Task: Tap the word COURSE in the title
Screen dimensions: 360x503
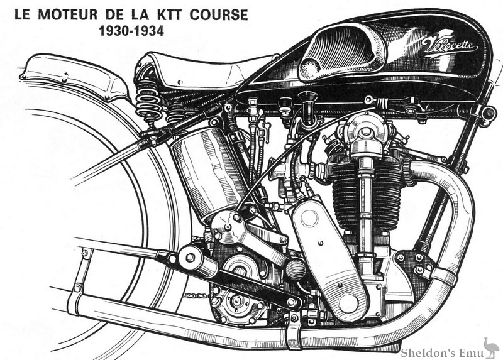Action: coord(211,13)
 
